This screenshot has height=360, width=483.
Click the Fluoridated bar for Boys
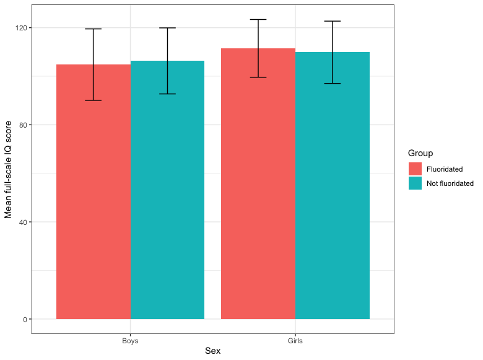[94, 192]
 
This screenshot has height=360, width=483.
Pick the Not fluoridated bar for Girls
[333, 186]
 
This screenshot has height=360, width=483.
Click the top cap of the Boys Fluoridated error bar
[94, 29]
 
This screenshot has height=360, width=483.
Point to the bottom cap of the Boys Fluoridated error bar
[94, 100]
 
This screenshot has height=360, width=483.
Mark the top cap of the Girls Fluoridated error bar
[258, 20]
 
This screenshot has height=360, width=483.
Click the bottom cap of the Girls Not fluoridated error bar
[333, 84]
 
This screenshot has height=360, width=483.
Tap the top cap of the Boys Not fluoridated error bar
[167, 28]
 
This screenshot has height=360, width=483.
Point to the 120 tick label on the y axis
[20, 28]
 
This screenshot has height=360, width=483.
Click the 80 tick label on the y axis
[22, 125]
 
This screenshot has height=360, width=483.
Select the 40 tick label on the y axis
[22, 222]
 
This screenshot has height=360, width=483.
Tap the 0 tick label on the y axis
[24, 319]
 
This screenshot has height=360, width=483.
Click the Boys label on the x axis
[131, 341]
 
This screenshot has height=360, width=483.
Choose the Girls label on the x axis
[295, 341]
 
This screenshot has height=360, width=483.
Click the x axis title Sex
[212, 351]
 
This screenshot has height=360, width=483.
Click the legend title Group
[420, 153]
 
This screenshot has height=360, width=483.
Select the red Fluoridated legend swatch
[415, 169]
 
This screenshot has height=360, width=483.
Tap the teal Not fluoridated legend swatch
[415, 183]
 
